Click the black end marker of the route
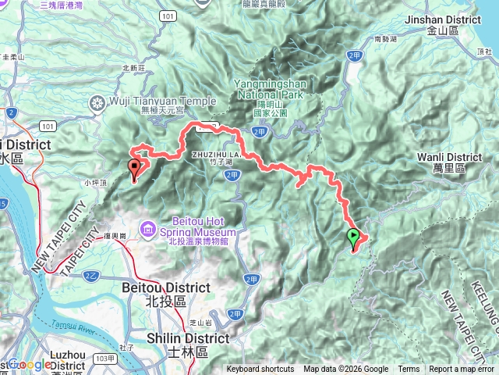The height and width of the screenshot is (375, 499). [x=134, y=167]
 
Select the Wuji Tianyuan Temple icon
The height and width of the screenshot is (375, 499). [x=97, y=102]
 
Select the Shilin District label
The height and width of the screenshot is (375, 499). [x=199, y=338]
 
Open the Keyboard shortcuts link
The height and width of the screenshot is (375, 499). [x=260, y=370]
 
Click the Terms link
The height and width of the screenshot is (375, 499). [x=409, y=370]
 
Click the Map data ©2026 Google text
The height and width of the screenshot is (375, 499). [x=345, y=370]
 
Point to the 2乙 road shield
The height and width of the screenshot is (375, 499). [x=91, y=276]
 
